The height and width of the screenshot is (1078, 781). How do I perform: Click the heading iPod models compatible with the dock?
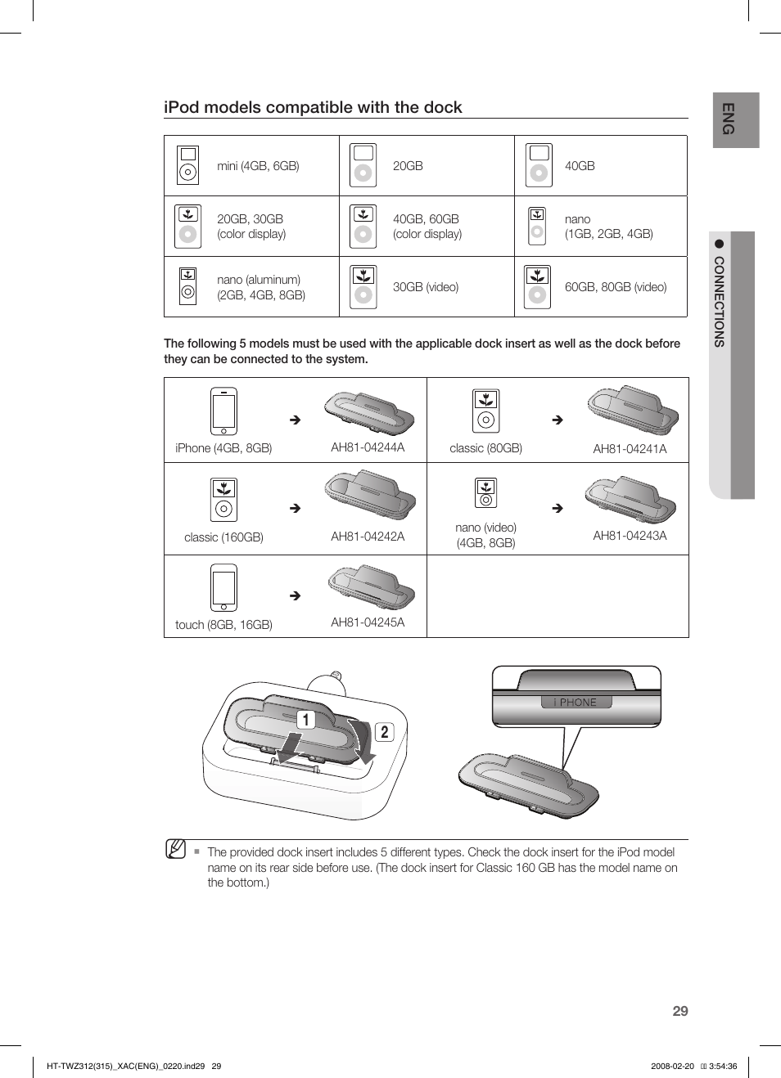tap(313, 107)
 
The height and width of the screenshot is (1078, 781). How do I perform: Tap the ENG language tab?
tap(729, 119)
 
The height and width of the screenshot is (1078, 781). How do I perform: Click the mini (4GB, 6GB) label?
tap(258, 166)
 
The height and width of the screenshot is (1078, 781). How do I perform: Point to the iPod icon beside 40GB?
tap(539, 165)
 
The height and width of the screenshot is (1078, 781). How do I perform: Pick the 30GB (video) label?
tap(425, 287)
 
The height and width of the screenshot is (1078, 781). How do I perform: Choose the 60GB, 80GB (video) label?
tap(615, 287)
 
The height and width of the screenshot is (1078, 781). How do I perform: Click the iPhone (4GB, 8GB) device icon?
tap(223, 411)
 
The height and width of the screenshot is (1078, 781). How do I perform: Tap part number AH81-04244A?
tap(368, 447)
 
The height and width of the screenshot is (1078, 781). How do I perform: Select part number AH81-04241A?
tap(630, 449)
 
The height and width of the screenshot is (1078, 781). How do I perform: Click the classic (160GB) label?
tap(223, 537)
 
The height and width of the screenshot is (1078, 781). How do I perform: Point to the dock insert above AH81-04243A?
tap(630, 499)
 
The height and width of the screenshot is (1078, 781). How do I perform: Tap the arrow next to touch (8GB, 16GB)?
tap(296, 596)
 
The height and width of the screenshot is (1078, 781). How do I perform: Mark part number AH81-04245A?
tap(368, 622)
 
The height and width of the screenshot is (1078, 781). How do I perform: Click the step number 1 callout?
tap(305, 720)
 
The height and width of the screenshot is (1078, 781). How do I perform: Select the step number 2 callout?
tap(384, 732)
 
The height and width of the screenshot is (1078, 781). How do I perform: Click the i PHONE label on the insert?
tap(576, 702)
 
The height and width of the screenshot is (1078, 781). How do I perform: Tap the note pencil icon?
tap(175, 849)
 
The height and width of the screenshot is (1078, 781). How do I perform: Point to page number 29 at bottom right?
tap(680, 1011)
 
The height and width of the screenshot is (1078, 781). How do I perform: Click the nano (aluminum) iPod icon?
tap(187, 286)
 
